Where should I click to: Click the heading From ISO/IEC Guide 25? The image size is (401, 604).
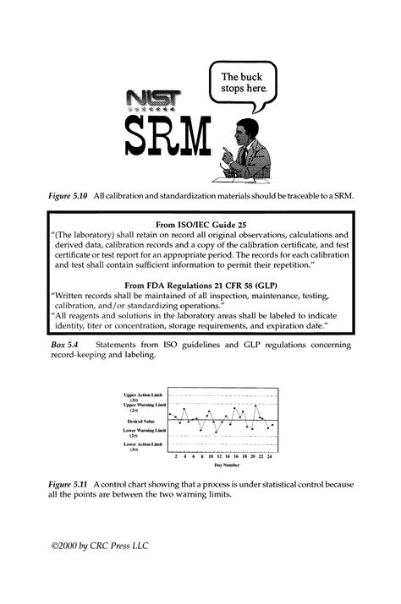coord(200,226)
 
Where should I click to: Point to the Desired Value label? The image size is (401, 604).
coord(146,420)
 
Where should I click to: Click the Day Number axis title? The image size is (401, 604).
coord(225,465)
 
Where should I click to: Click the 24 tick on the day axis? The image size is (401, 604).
coord(269,455)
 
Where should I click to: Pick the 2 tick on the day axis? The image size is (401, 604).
coord(175,455)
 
